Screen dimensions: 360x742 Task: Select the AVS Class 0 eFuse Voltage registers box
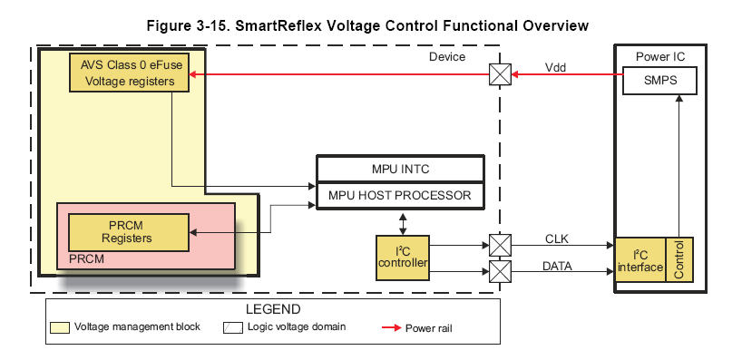(129, 72)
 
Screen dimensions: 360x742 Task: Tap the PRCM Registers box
(129, 232)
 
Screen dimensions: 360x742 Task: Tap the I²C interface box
(640, 259)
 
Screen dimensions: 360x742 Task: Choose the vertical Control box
(680, 259)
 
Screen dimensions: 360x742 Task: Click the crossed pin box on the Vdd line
(500, 76)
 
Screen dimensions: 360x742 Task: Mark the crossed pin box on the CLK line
(500, 245)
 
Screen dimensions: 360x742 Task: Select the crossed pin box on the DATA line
(500, 270)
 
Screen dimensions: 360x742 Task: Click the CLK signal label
(557, 237)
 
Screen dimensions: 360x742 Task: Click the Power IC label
(660, 56)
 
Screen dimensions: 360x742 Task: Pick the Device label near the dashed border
(446, 57)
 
